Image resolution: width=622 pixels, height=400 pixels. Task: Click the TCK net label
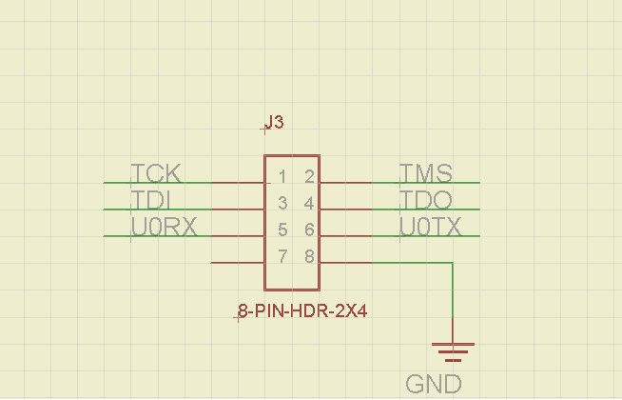[x=156, y=173]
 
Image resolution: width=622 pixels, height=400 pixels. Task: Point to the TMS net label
[x=425, y=173]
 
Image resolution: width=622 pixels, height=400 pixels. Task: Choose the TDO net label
[x=425, y=200]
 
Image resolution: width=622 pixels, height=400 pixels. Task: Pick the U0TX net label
[x=431, y=227]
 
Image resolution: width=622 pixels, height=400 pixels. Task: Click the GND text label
[x=434, y=384]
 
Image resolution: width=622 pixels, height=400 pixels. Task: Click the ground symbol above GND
[x=453, y=350]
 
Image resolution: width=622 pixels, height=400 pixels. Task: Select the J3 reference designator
[x=275, y=123]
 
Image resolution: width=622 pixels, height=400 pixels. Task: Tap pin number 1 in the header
[x=282, y=176]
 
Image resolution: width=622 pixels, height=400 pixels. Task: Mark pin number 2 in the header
[x=309, y=176]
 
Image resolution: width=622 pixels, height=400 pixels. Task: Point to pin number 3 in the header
[x=282, y=203]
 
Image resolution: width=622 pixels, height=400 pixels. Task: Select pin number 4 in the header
[x=309, y=203]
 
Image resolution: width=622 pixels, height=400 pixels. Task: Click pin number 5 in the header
[x=282, y=230]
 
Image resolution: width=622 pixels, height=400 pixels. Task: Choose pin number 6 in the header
[x=309, y=230]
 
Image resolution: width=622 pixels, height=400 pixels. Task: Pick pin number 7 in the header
[x=282, y=256]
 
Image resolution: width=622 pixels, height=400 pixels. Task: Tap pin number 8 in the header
[x=309, y=256]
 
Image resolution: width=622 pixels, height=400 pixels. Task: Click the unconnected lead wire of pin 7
[x=237, y=262]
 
